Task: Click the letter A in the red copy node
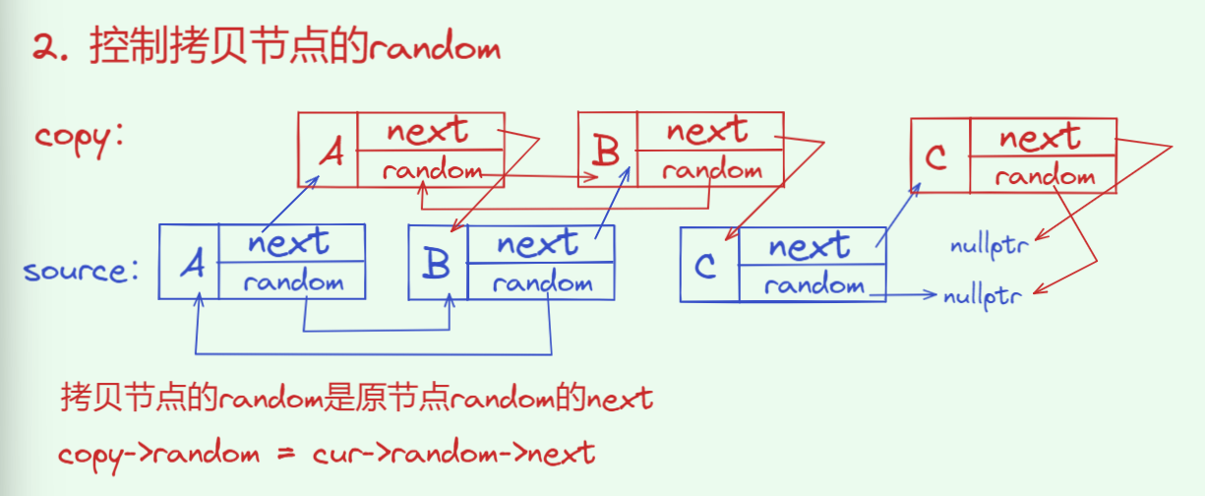pos(332,153)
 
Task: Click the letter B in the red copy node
pos(607,152)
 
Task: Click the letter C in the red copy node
pos(939,157)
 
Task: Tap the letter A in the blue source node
pos(193,264)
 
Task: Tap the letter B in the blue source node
pos(438,264)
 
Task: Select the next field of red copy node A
pos(428,131)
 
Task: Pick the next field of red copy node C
pos(1041,137)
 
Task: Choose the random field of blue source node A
pos(293,283)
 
